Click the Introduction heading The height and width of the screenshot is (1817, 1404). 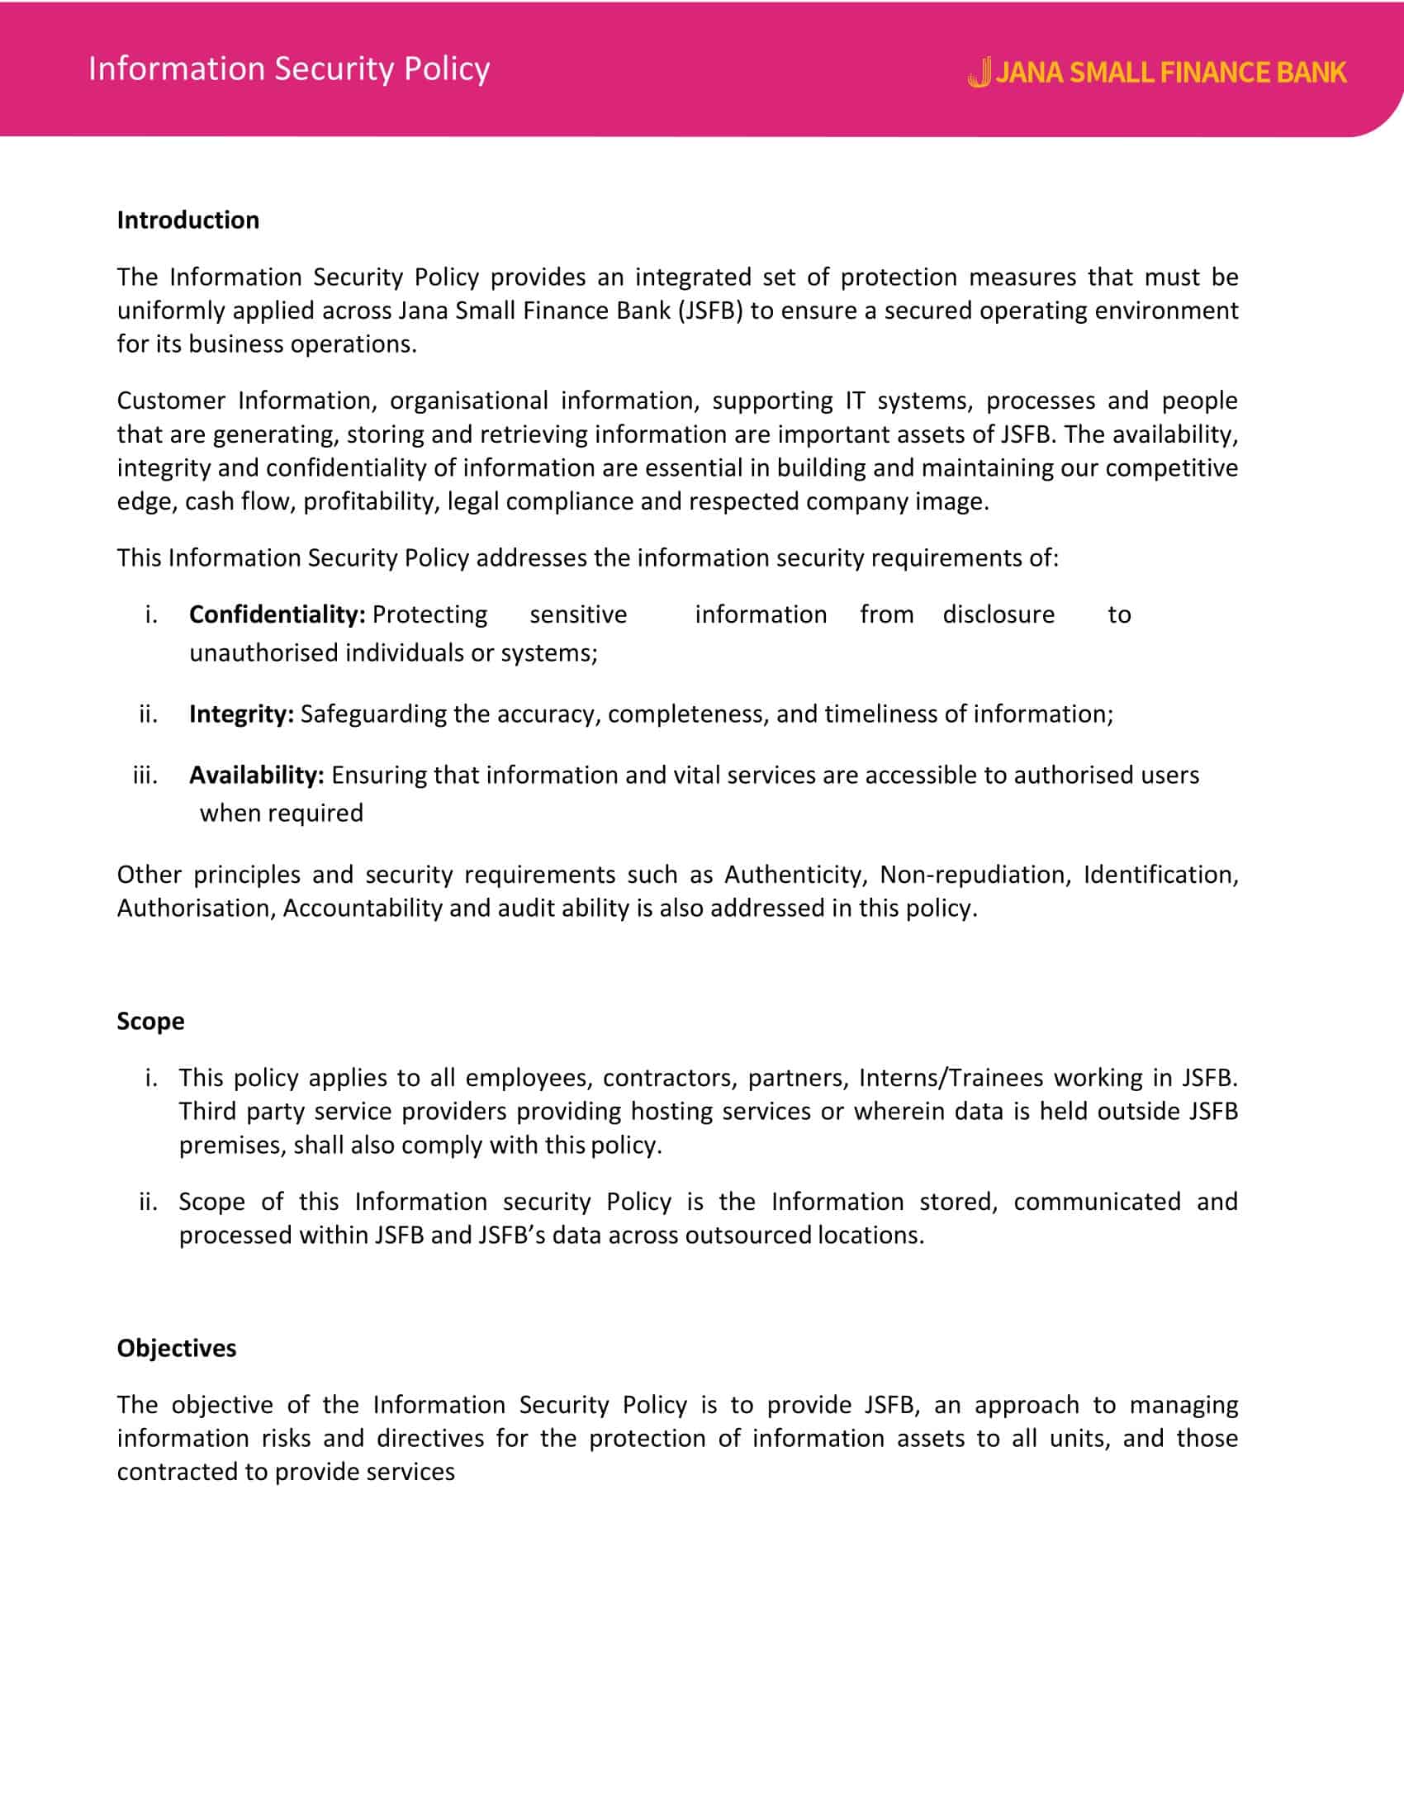coord(188,221)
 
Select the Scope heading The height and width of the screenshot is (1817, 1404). coord(150,1022)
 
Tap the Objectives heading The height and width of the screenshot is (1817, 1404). coord(177,1349)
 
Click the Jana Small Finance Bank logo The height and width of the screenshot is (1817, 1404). coord(1156,73)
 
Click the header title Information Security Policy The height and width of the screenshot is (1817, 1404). coord(288,69)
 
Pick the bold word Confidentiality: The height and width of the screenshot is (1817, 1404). coord(277,614)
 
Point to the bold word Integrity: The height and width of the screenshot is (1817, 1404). coord(241,714)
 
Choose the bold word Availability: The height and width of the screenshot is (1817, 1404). coord(256,776)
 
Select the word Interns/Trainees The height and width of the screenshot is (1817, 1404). coord(951,1078)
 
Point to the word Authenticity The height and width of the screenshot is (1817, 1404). coord(796,875)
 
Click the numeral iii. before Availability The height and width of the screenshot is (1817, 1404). coord(145,776)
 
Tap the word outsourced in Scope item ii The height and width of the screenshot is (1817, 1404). coord(747,1236)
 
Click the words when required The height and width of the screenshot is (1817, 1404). coord(281,814)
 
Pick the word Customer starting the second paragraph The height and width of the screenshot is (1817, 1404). coord(170,401)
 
